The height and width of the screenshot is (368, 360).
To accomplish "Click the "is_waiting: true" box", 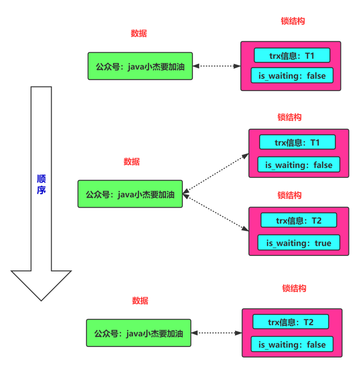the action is pos(299,243).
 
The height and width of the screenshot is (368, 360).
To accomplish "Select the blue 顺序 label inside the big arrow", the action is pos(41,185).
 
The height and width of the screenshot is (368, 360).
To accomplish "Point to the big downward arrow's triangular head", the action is pos(41,286).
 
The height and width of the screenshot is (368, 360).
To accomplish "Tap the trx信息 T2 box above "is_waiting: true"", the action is pos(299,220).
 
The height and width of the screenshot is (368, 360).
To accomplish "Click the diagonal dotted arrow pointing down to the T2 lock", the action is pos(215,212).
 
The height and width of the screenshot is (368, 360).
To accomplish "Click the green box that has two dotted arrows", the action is pos(130,194).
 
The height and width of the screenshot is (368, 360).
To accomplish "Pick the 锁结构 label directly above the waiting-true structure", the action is pos(289,195).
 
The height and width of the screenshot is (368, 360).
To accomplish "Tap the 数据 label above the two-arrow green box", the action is pos(132,162).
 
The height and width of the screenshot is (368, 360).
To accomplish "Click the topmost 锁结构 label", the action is pos(293,21).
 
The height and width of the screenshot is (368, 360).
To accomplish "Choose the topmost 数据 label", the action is pos(139,34).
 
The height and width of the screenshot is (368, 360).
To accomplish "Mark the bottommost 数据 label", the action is pos(140,301).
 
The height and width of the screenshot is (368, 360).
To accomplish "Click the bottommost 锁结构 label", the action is pos(294,289).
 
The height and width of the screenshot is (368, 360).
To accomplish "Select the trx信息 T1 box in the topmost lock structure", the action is pos(292,55).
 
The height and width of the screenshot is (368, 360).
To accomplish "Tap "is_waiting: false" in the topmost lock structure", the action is pos(292,75).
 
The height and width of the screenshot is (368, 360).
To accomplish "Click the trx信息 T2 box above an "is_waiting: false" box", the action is pos(291,322).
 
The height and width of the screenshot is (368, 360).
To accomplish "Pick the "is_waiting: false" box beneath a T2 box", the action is pos(292,344).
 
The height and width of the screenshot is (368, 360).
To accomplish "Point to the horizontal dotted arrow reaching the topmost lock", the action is pos(216,66).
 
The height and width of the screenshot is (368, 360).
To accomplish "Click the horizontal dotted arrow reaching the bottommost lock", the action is pos(216,333).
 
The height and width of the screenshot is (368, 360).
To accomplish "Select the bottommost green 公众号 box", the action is pos(139,333).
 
